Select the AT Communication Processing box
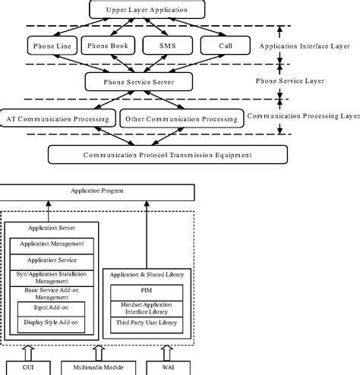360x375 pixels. tap(57, 118)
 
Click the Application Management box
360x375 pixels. tap(52, 245)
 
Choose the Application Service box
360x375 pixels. tap(52, 260)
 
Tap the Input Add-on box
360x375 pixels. tap(52, 310)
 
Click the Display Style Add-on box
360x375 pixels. tap(52, 324)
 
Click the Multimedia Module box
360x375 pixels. tap(97, 368)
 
